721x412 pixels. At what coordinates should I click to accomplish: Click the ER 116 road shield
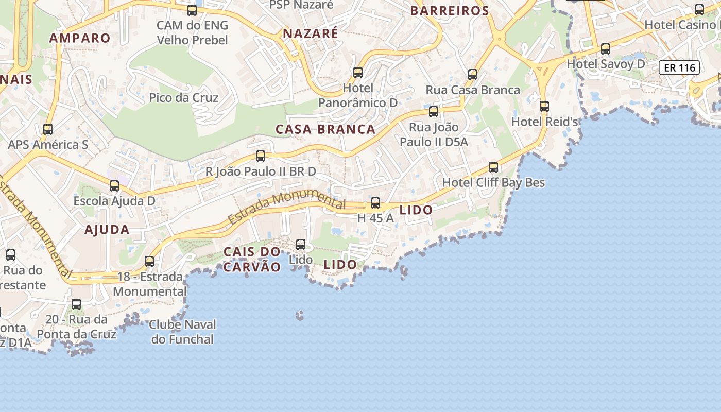coord(679,67)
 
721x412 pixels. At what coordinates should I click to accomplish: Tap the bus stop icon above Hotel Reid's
coord(544,107)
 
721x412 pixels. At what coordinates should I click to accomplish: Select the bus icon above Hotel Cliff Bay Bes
coord(493,167)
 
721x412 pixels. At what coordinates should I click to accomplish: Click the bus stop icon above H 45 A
coord(375,203)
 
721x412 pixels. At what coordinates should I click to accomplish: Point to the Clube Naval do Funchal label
coord(183,332)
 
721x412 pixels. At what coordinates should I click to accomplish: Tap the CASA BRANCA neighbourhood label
coord(325,129)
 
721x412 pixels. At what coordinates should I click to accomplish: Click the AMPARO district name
coord(80,38)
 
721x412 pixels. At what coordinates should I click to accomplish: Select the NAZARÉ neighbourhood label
coord(311,34)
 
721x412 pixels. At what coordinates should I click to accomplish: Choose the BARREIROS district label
coord(450,11)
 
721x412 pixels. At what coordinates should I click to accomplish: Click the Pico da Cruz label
coord(184,98)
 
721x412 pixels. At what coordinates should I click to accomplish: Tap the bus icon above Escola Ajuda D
coord(114,186)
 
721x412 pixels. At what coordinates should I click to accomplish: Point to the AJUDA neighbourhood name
coord(107,230)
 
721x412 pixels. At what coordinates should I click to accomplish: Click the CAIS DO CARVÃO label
coord(252,259)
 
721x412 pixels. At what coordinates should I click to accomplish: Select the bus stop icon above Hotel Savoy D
coord(606,49)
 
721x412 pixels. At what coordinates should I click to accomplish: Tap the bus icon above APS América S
coord(48,129)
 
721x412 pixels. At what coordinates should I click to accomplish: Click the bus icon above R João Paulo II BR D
coord(261,156)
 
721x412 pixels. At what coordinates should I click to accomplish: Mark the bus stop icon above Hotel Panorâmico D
coord(358,73)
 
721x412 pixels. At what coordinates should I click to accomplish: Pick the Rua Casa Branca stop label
coord(473,90)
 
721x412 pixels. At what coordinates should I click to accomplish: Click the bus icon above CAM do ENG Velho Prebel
coord(192,10)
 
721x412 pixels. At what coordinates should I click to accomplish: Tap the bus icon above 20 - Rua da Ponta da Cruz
coord(76,304)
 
